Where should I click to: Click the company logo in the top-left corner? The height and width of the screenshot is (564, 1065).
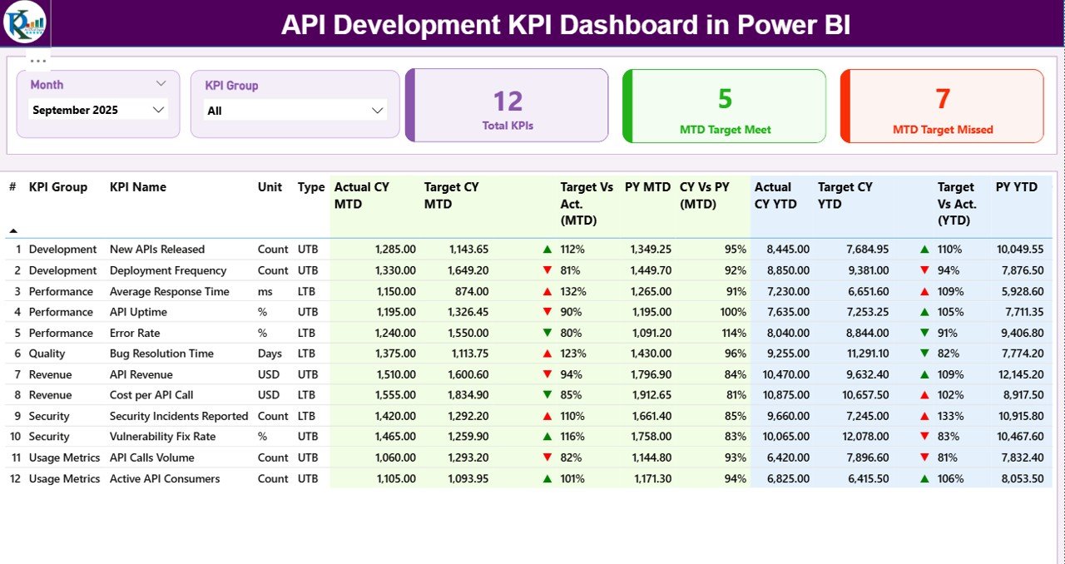pos(25,22)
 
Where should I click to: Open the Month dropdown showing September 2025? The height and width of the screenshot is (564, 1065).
pos(98,110)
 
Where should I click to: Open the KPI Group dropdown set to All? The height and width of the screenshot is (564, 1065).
pos(295,111)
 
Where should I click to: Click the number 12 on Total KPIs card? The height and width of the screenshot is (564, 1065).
pos(508,101)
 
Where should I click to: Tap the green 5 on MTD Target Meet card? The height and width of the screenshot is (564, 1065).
pos(725,99)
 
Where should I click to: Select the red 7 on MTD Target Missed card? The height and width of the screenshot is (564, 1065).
pos(943,99)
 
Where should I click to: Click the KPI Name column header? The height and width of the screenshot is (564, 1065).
pos(138,187)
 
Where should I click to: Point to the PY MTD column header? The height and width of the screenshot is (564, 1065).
pos(647,187)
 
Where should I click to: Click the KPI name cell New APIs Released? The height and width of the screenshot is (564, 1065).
pos(157,249)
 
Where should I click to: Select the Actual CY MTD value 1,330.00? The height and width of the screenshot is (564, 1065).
pos(395,270)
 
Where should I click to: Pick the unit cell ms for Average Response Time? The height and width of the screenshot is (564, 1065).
pos(265,291)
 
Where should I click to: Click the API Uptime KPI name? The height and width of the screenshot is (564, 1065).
pos(138,312)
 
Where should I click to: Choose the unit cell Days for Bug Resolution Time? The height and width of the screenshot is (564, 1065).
pos(270,354)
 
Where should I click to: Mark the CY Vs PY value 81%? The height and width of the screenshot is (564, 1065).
pos(736,395)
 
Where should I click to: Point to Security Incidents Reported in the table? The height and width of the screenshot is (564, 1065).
pos(179,416)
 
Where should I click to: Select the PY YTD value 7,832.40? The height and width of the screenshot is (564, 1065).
pos(1019,458)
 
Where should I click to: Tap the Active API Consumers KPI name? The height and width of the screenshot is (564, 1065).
pos(165,478)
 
